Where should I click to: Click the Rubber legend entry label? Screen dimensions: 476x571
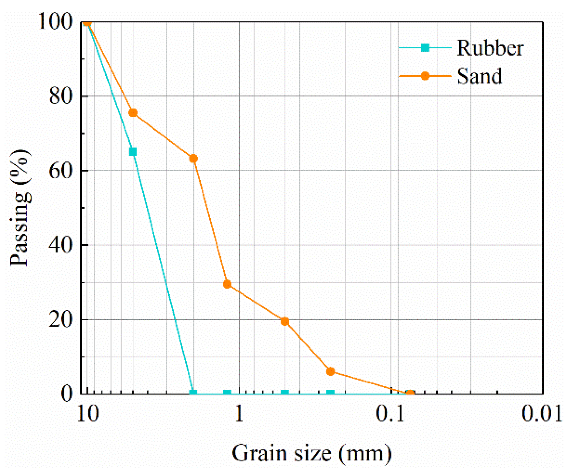[x=490, y=48]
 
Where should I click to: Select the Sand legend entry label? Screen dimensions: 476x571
[x=479, y=76]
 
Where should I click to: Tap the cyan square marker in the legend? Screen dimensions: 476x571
[x=425, y=48]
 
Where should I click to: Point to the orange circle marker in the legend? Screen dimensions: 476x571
[x=425, y=76]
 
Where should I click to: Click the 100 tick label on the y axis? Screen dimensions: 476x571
[x=56, y=21]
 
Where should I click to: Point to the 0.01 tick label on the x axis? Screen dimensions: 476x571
[x=542, y=414]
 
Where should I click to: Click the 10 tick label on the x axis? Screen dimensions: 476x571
[x=88, y=414]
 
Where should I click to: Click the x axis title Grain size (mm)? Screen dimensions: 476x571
[x=312, y=454]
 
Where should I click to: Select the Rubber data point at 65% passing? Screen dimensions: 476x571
[x=133, y=152]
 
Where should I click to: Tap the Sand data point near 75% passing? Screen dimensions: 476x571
[x=133, y=113]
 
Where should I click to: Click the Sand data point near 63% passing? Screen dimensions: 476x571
[x=194, y=158]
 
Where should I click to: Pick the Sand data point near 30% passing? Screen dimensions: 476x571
[x=227, y=284]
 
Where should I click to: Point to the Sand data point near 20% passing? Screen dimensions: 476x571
[x=285, y=321]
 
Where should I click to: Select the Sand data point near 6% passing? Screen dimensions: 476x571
[x=330, y=371]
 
